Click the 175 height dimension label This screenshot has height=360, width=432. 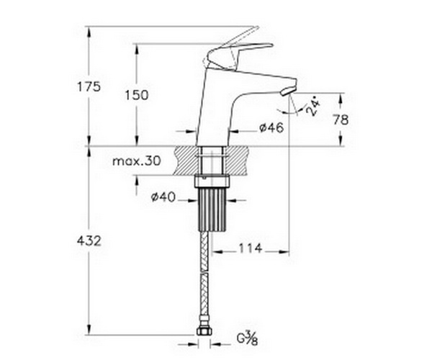click(x=89, y=87)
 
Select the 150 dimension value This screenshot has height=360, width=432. click(x=137, y=95)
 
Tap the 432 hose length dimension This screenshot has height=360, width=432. click(x=89, y=241)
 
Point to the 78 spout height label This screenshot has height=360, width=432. click(x=341, y=120)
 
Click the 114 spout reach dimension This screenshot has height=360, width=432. click(x=250, y=248)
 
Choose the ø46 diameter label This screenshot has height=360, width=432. click(x=271, y=127)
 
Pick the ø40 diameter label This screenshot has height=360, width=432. click(x=163, y=197)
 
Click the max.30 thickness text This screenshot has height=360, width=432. click(x=136, y=161)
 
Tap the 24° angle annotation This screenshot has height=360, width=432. click(x=312, y=107)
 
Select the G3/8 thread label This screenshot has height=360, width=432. click(x=248, y=338)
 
